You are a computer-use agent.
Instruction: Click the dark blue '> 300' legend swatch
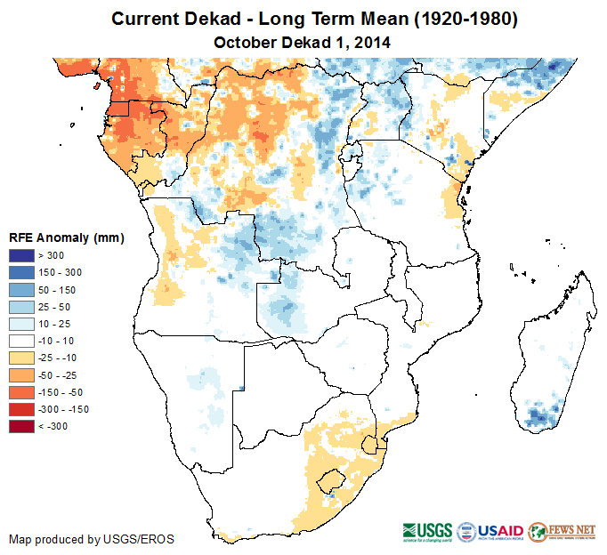[20, 256]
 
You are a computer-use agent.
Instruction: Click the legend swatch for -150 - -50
[20, 392]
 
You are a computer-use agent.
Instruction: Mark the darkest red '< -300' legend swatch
[20, 427]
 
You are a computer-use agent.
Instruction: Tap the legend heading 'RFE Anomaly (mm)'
[66, 238]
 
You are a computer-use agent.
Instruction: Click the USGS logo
[426, 532]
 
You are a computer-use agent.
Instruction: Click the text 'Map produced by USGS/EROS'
[91, 539]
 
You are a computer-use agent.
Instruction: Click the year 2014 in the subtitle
[373, 42]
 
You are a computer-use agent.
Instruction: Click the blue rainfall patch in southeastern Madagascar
[538, 414]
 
